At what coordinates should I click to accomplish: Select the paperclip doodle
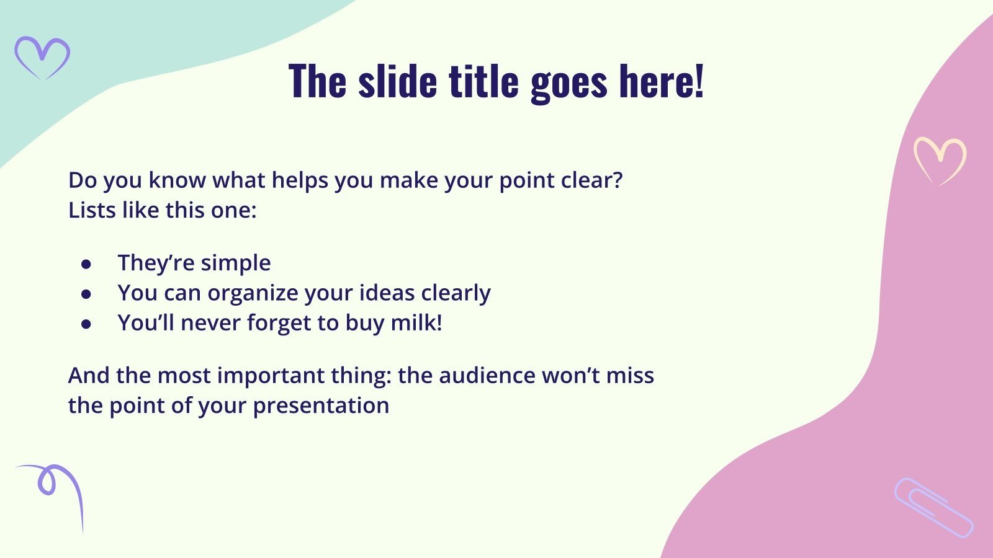[933, 508]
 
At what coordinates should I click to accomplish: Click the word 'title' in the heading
[483, 81]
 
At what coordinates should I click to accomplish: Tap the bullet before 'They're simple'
[86, 264]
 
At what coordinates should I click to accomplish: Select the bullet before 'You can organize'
[86, 294]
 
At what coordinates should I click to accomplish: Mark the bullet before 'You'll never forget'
[86, 324]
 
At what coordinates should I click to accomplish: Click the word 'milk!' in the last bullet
[416, 322]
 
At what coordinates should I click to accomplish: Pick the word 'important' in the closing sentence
[271, 376]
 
